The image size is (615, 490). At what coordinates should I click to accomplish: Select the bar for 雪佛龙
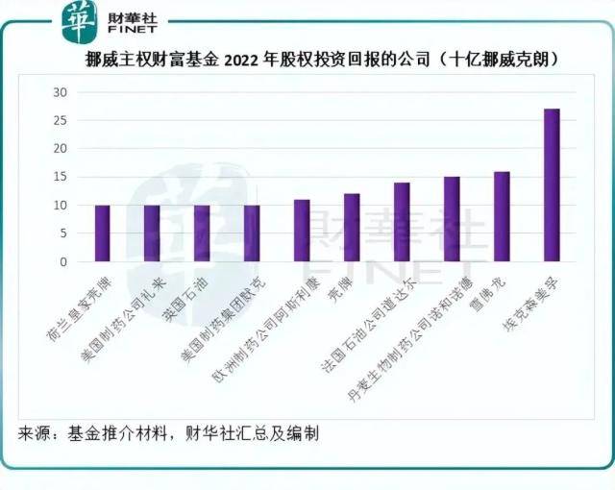coord(502,216)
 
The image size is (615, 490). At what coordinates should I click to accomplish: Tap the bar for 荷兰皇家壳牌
coord(102,233)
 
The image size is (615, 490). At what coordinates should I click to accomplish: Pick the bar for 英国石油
coord(202,233)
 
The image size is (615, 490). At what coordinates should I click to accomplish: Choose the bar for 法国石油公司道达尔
coord(402,222)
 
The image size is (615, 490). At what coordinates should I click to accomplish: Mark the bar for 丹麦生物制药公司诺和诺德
coord(452,219)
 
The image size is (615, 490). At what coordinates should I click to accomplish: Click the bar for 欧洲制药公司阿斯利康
coord(302,231)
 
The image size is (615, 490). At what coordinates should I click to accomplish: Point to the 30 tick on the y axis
coord(60,92)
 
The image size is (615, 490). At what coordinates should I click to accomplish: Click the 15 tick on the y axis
coord(60,177)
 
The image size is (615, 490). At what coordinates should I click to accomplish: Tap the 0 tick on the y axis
coord(63,261)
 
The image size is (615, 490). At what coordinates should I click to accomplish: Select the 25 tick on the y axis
coord(60,120)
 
